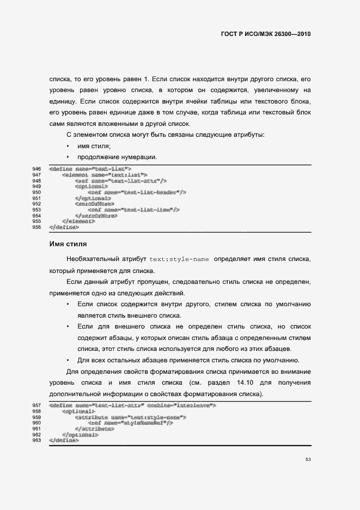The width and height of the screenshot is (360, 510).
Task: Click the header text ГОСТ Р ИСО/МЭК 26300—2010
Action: (265, 34)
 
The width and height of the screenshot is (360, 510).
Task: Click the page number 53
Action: (308, 460)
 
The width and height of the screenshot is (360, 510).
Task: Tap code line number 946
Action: (38, 169)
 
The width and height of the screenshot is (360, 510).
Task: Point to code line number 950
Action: (38, 192)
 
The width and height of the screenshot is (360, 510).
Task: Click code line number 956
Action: (38, 227)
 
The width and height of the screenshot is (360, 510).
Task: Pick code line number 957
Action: (38, 406)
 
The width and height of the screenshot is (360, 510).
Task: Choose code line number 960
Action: (38, 423)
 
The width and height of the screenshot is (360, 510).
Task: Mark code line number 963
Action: (38, 440)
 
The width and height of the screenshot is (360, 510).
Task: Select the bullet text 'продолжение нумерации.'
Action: (117, 157)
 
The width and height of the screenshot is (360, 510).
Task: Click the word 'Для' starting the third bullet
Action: (83, 360)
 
